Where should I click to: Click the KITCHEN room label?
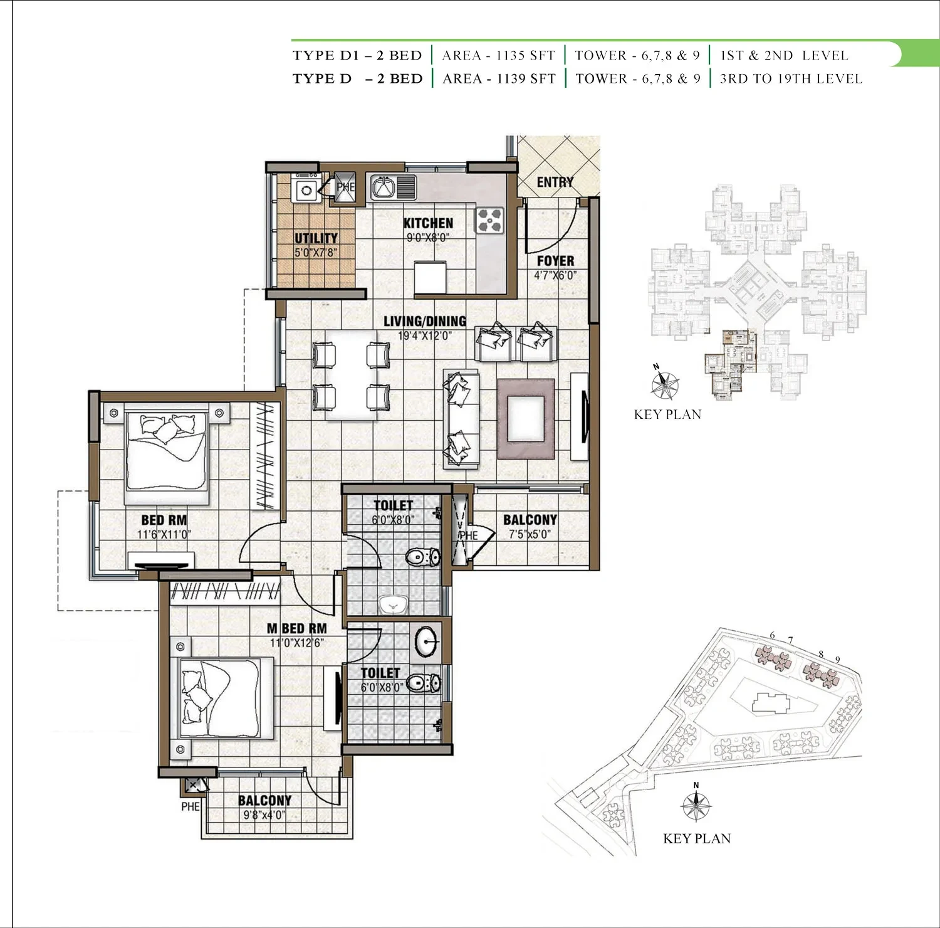(x=428, y=223)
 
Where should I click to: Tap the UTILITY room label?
(x=316, y=238)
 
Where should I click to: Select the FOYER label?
(x=555, y=261)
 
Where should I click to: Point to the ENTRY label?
(x=555, y=182)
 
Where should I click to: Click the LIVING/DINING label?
(x=425, y=321)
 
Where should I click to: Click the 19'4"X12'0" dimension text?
(x=425, y=335)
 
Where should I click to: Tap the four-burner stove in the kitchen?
(x=490, y=220)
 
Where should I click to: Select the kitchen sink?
(x=393, y=187)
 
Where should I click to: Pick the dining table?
(x=350, y=374)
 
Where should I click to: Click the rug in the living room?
(x=526, y=419)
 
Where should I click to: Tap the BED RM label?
(x=164, y=520)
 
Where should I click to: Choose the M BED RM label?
(x=297, y=628)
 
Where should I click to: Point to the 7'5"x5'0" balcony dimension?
(x=530, y=534)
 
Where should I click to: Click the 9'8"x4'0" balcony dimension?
(x=264, y=815)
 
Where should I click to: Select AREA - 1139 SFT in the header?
(x=499, y=79)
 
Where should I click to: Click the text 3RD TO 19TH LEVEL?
(x=791, y=79)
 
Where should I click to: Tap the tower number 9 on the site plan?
(x=837, y=660)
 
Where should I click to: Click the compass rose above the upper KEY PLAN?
(x=665, y=384)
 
